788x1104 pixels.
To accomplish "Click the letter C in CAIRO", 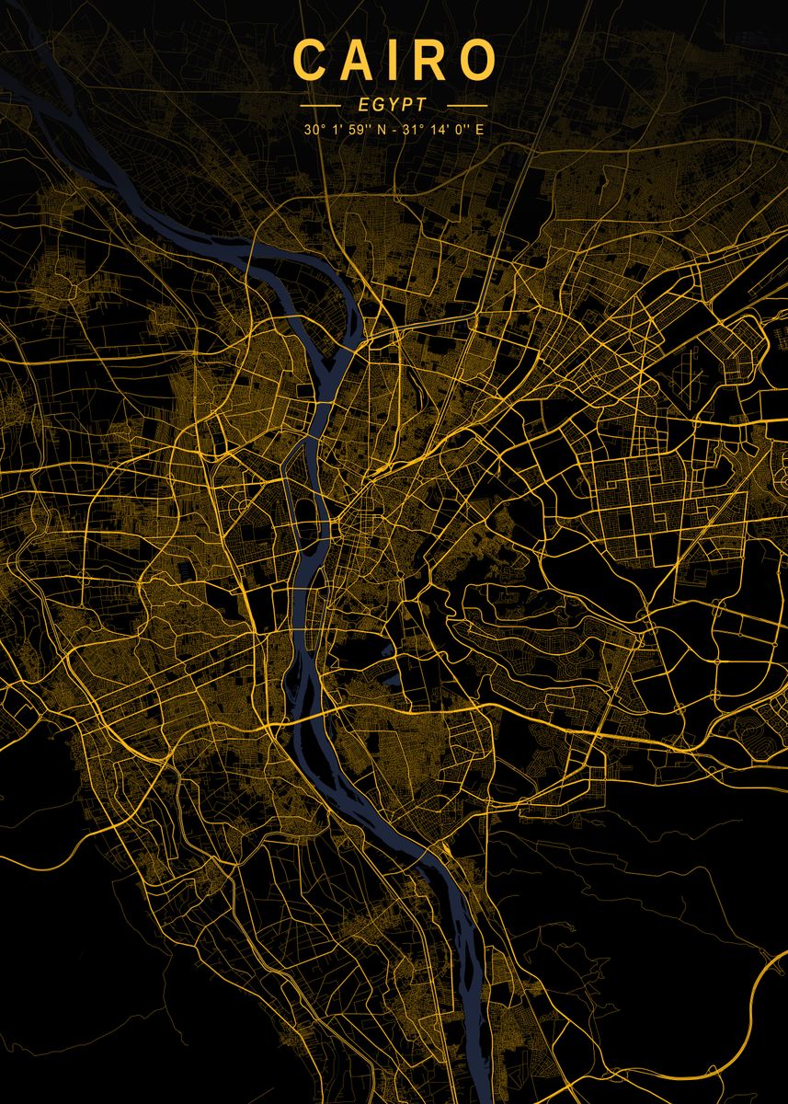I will pyautogui.click(x=311, y=61).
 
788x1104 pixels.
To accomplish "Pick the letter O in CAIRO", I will pyautogui.click(x=478, y=61).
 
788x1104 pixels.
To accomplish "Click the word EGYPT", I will pyautogui.click(x=394, y=105).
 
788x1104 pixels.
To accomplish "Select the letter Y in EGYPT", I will pyautogui.click(x=394, y=105).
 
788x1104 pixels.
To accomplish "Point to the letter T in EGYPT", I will pyautogui.click(x=422, y=105).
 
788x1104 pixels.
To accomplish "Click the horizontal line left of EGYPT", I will pyautogui.click(x=322, y=105).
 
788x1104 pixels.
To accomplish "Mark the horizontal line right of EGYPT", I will pyautogui.click(x=465, y=105).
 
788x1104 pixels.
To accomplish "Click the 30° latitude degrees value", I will pyautogui.click(x=313, y=129).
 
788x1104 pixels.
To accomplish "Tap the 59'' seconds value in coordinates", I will pyautogui.click(x=355, y=129).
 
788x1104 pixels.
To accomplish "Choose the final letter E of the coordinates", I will pyautogui.click(x=478, y=129).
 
